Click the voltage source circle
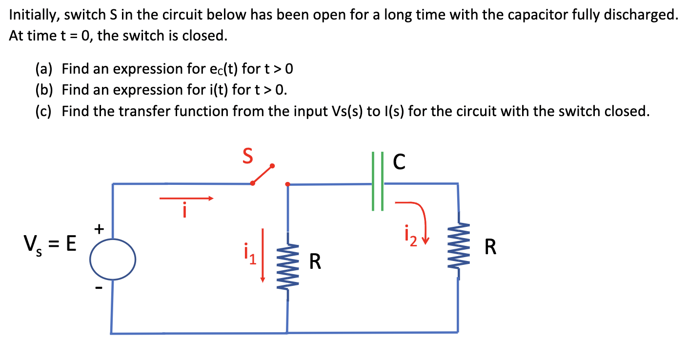(113, 259)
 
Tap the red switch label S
(248, 157)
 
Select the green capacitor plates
(377, 181)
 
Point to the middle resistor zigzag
(287, 266)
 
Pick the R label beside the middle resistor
(316, 262)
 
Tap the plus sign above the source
(99, 228)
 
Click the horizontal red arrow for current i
(186, 199)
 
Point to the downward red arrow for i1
(263, 255)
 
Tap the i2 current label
(411, 235)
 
